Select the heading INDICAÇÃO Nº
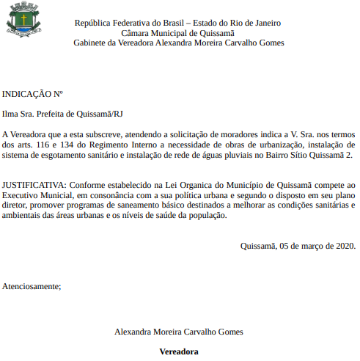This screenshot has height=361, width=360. (x=32, y=94)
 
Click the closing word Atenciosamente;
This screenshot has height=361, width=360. (x=32, y=285)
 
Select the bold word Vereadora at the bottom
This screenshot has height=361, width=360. (x=179, y=351)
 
